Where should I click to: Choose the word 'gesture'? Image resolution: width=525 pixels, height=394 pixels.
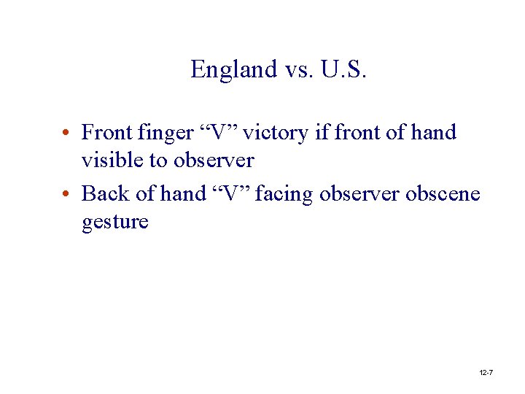click(x=115, y=222)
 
